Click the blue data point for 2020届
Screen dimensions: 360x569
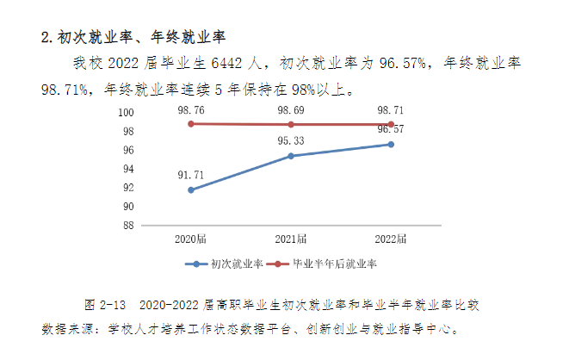pyautogui.click(x=190, y=189)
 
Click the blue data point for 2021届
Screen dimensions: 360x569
pyautogui.click(x=291, y=156)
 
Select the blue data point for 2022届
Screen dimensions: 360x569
pyautogui.click(x=391, y=144)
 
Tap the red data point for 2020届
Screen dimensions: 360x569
pyautogui.click(x=190, y=124)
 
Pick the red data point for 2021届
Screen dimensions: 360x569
pyautogui.click(x=291, y=125)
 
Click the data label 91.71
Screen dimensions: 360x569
pyautogui.click(x=190, y=174)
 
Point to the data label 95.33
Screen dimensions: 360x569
pyautogui.click(x=291, y=140)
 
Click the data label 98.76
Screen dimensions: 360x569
pyautogui.click(x=190, y=110)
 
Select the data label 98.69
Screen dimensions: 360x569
pyautogui.click(x=291, y=110)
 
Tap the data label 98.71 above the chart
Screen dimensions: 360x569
pyautogui.click(x=391, y=110)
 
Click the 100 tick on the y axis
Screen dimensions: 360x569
pyautogui.click(x=126, y=113)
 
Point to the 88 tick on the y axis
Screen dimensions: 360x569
pyautogui.click(x=127, y=226)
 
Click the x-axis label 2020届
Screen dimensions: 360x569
pyautogui.click(x=190, y=238)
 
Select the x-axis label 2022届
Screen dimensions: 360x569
pyautogui.click(x=391, y=238)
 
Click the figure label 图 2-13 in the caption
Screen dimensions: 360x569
pyautogui.click(x=106, y=305)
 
